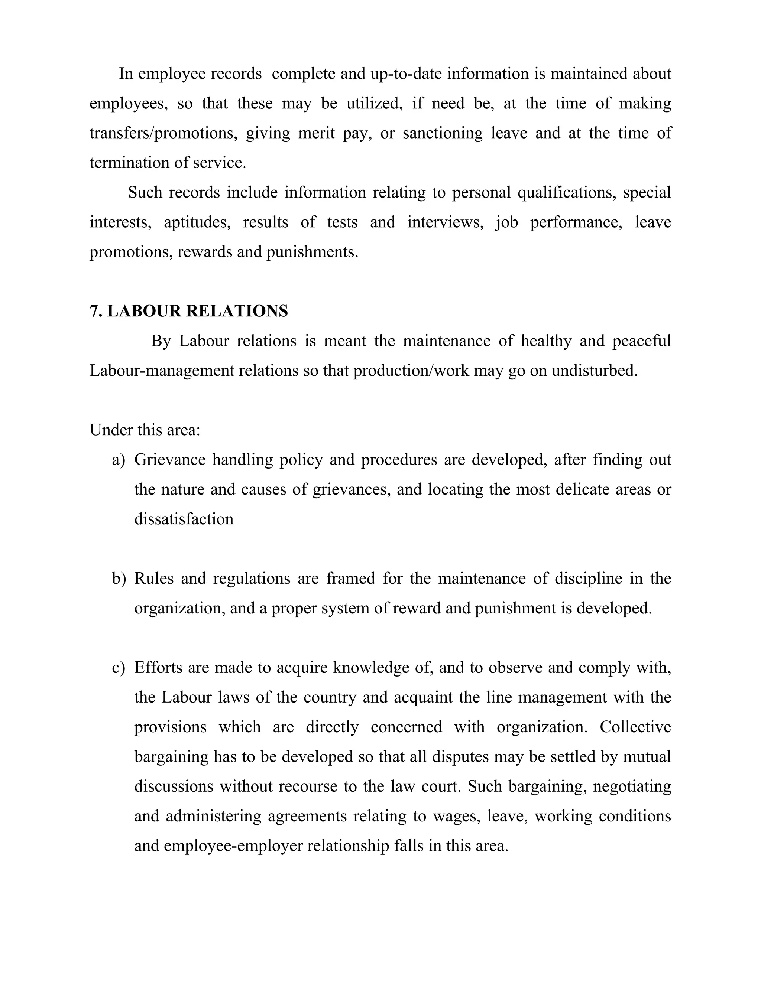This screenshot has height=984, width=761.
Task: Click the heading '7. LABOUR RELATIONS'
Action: pos(188,311)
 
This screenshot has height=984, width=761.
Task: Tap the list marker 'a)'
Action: pos(119,460)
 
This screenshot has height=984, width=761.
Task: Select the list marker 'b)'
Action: pos(119,578)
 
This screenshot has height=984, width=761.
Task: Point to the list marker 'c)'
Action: pos(119,667)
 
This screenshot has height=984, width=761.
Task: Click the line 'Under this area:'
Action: pos(145,430)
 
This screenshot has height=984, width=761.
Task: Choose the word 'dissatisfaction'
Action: pos(184,519)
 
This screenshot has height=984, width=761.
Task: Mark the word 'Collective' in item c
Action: pos(635,727)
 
